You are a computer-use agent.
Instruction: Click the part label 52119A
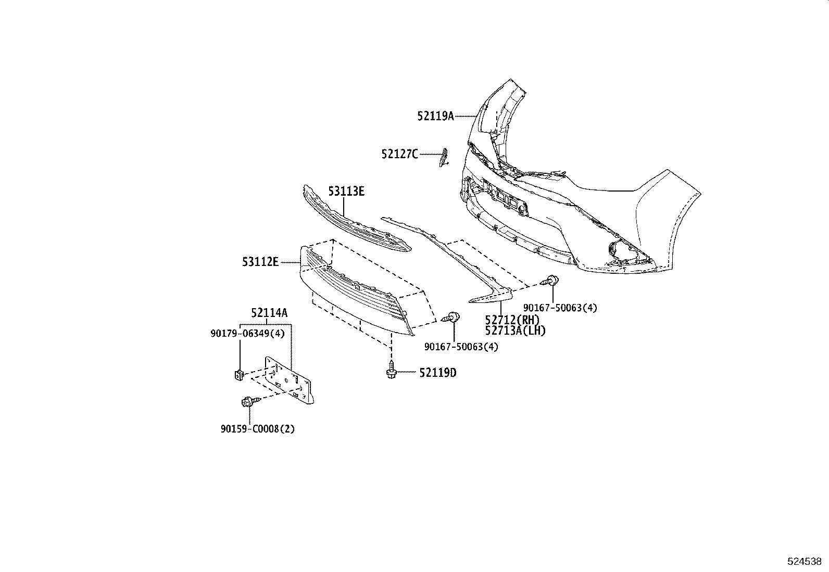tap(435, 116)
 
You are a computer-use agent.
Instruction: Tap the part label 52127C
tap(399, 154)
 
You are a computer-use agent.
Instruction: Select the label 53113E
tap(346, 192)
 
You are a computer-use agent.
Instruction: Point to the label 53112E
tap(260, 262)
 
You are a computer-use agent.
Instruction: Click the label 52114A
tap(269, 313)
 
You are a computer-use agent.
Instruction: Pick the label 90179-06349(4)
tap(247, 333)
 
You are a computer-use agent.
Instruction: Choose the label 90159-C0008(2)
tap(257, 429)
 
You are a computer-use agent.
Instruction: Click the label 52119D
tap(438, 373)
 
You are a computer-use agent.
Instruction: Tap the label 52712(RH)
tap(512, 320)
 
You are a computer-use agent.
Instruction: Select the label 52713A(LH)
tap(515, 331)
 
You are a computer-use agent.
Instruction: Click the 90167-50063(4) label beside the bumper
tap(560, 308)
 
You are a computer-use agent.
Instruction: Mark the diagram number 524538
tap(804, 562)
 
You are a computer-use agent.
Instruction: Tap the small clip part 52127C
tap(444, 157)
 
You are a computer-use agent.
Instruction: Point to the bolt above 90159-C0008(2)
tap(248, 402)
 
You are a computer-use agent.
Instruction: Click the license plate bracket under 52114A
tap(289, 380)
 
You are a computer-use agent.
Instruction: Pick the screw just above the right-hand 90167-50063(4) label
tap(551, 281)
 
